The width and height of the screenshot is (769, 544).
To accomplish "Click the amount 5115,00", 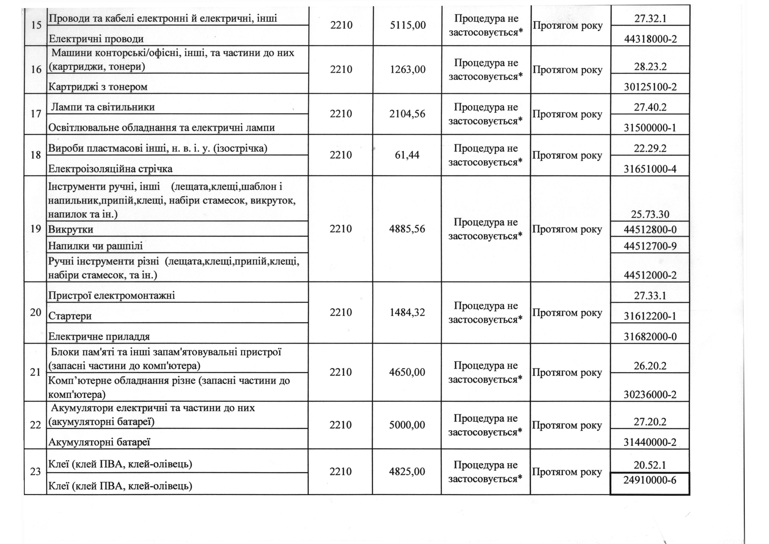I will [x=408, y=25].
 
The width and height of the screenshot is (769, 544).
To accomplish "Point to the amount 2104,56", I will [x=407, y=114].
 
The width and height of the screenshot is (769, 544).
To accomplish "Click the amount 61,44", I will [x=407, y=155].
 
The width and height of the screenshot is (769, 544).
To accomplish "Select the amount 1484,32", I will [x=407, y=312].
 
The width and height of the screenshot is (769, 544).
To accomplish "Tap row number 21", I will [x=36, y=372].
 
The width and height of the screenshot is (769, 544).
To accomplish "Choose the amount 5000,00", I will [x=407, y=425].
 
